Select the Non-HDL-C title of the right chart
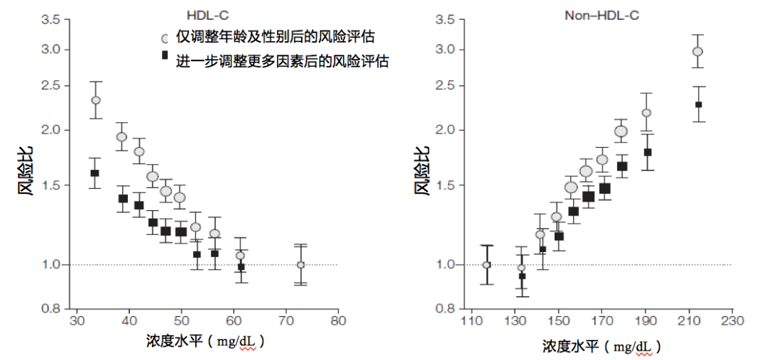pos(602,14)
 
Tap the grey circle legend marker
pos(165,38)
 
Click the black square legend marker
pos(165,55)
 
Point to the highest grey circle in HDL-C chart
pos(96,100)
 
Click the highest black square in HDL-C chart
pos(94,173)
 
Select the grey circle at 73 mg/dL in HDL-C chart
pos(300,265)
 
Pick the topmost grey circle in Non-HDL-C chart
pos(697,51)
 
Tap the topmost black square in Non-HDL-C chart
pos(698,104)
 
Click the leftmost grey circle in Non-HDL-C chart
pos(486,265)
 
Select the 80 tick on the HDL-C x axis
pos(338,320)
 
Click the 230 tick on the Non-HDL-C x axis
pos(732,320)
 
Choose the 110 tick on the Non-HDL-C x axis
pos(471,320)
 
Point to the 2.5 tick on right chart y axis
pos(445,86)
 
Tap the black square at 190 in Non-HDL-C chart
pos(647,152)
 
